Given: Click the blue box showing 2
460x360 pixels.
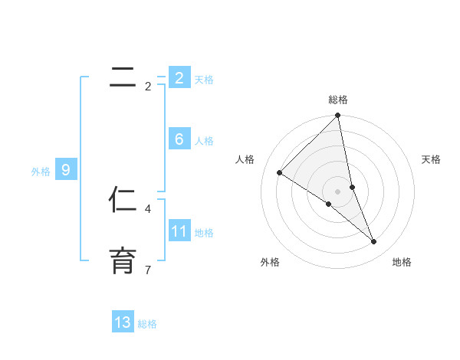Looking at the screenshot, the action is point(179,77).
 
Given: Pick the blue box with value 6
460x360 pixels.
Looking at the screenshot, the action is point(179,139).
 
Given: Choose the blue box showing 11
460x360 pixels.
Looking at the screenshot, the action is point(179,231).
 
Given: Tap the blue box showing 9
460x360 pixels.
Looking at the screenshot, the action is point(66,170).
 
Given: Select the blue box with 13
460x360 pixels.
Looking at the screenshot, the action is point(123,322).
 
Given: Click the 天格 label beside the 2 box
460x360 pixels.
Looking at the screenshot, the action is point(204,79).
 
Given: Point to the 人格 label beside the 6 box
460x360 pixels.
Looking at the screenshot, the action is point(204,141).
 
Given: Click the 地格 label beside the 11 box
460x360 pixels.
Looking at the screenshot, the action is point(204,233).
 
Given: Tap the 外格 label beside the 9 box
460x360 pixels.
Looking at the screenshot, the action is point(41,172).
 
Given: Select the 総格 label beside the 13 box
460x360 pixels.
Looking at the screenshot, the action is point(147,324).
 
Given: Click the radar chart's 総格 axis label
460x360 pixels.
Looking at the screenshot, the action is point(338,100).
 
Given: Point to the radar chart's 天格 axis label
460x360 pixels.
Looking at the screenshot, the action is point(432,159).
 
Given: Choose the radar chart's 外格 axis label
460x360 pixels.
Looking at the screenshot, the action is point(270,262).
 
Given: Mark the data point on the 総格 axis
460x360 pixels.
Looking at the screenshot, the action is point(338,116).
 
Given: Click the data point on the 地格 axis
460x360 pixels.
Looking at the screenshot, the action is point(374,241).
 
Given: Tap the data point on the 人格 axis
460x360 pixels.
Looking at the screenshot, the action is point(280,172).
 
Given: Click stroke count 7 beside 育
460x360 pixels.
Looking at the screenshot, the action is point(148,270).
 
